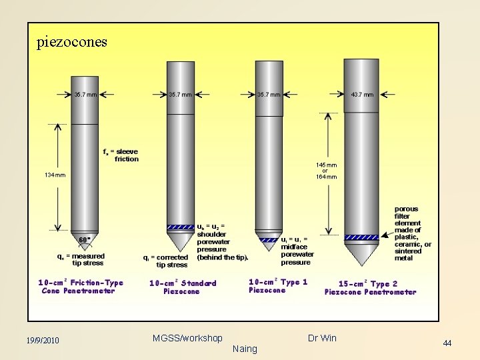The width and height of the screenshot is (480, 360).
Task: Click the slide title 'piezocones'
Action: click(x=71, y=42)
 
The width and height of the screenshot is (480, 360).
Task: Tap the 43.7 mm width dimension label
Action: click(x=361, y=95)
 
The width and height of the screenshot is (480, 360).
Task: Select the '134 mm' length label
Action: click(x=55, y=175)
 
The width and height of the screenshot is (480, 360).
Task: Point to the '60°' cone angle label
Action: click(x=85, y=240)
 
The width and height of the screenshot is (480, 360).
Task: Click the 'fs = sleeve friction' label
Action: click(x=121, y=155)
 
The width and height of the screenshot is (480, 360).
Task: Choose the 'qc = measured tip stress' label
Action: click(x=81, y=259)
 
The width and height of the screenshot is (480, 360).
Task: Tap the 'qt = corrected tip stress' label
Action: click(x=166, y=261)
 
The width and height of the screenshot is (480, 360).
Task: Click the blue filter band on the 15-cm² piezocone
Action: click(x=360, y=237)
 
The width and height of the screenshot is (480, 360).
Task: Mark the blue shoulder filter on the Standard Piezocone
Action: click(x=180, y=227)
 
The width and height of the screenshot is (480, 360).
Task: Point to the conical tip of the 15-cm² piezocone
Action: click(x=360, y=254)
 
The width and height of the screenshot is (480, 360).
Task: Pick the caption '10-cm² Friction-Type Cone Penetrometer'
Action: click(x=81, y=287)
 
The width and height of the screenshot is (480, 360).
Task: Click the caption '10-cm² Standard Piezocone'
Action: click(x=182, y=287)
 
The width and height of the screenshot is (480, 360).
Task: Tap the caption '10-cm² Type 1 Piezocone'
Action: click(x=277, y=286)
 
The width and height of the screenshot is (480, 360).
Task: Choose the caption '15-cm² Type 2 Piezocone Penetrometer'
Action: click(x=370, y=288)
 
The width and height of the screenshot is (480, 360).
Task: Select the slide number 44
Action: click(x=447, y=343)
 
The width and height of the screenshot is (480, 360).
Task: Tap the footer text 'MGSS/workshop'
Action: click(x=187, y=338)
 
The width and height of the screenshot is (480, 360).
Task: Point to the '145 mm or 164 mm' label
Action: click(x=326, y=171)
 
